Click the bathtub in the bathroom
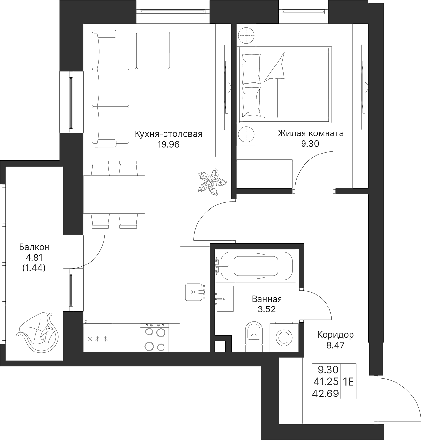point(257,266)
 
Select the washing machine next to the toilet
point(284,337)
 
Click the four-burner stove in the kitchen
point(155,337)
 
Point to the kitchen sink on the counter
point(195,292)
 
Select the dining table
point(114,194)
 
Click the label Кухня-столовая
point(168,134)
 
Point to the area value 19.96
point(168,145)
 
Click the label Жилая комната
point(310,133)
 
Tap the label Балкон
point(34,247)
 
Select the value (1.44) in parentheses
point(34,268)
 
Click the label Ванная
point(267,299)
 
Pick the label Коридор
point(335,335)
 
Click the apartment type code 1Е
point(348,382)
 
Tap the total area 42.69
point(326,394)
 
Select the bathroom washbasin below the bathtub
point(225,299)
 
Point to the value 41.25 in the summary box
point(326,382)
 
